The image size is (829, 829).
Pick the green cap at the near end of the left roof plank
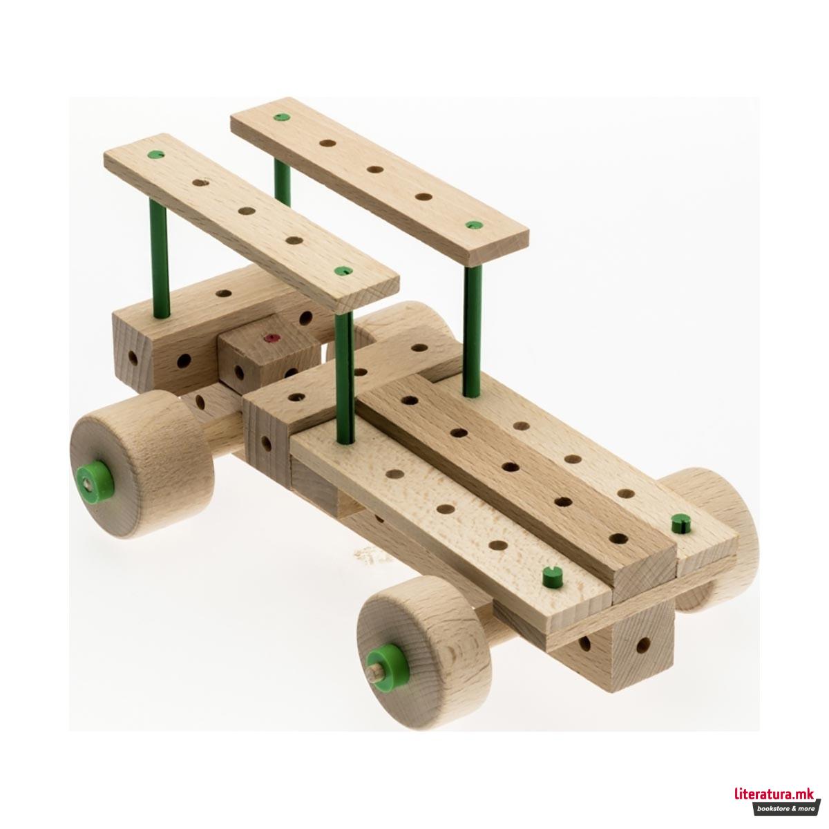coord(343,271)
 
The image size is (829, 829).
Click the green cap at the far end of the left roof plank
coord(156,154)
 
